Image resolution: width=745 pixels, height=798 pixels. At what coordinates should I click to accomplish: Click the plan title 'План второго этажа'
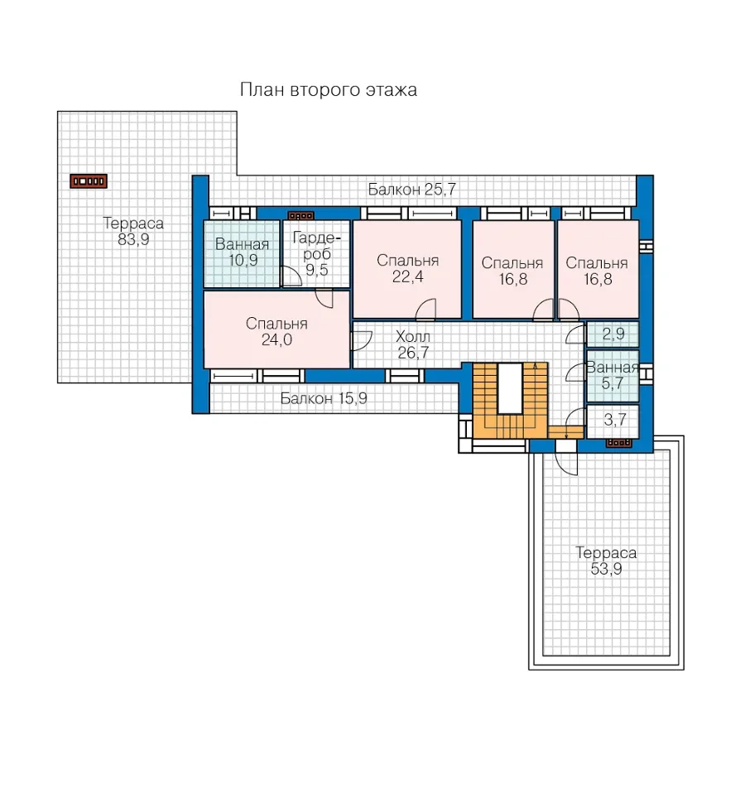pos(329,90)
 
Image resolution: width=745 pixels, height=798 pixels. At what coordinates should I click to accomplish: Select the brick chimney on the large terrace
pos(89,181)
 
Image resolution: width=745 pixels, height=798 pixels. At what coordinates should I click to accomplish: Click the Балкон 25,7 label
pos(411,190)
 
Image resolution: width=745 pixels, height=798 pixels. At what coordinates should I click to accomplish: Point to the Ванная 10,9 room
pos(242,253)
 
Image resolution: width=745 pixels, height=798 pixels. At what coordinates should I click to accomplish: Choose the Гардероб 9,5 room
pos(316,253)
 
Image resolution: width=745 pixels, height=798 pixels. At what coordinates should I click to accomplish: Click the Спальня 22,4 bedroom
pos(407,269)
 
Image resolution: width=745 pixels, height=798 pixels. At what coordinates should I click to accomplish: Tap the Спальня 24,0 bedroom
pos(276,329)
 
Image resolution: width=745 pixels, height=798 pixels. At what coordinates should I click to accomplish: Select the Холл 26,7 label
pos(413,344)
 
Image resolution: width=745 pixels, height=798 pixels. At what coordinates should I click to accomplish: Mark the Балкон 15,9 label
pos(324,398)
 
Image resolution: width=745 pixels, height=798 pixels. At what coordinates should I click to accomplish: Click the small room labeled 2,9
pos(613,334)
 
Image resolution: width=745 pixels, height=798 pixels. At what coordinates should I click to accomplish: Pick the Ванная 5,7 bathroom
pos(613,376)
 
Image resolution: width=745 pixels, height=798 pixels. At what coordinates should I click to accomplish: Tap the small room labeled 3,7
pos(613,421)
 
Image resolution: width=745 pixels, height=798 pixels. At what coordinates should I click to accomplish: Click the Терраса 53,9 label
pos(606,561)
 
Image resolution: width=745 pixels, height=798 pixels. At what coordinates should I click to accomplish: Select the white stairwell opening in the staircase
pos(509,388)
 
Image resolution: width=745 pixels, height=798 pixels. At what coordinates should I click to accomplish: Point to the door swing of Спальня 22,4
pos(426,310)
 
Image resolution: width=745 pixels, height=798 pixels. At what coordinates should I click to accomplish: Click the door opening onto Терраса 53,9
pos(566,457)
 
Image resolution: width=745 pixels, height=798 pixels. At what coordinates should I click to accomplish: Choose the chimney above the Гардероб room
pos(300,216)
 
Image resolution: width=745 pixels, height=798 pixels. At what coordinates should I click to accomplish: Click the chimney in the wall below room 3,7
pos(619,443)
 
